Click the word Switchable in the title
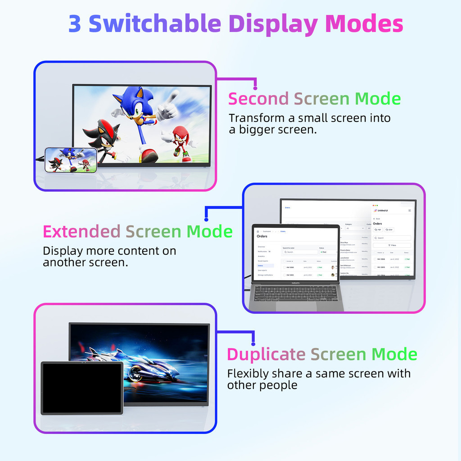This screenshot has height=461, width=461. pos(155,24)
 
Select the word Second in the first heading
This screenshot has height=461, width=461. pos(258,99)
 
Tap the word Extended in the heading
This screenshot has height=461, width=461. pos(81,231)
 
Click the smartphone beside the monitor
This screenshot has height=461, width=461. pos(71,160)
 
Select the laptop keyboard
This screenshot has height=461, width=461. pos(295,293)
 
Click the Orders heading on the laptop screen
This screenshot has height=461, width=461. pos(262,236)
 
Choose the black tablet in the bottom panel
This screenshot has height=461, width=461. pos(82,388)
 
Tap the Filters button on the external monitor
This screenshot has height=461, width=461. pos(392,245)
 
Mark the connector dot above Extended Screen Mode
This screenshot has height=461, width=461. pos(206,219)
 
